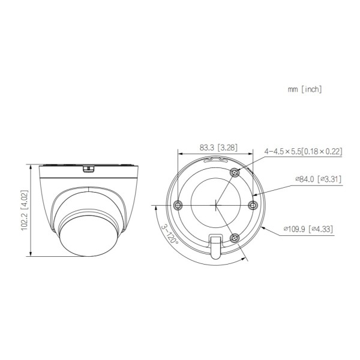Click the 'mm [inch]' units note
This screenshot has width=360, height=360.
(x=305, y=89)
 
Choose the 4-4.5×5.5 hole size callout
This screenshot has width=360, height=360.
(x=303, y=151)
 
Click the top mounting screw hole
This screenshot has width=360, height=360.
(x=235, y=173)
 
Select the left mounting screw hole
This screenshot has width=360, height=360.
(x=178, y=205)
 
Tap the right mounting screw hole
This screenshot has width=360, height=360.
(x=253, y=205)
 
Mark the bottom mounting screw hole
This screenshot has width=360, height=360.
(x=235, y=238)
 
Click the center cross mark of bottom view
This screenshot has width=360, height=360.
(x=216, y=205)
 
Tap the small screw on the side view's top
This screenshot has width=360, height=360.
(x=88, y=167)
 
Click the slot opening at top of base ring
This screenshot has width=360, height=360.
(x=216, y=160)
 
